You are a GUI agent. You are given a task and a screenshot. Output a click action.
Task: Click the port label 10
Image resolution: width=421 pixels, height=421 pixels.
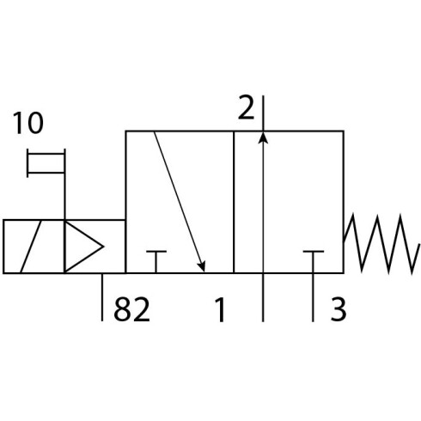pyautogui.click(x=28, y=123)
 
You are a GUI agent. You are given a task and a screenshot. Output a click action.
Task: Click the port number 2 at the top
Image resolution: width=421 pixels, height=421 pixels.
pyautogui.click(x=246, y=107)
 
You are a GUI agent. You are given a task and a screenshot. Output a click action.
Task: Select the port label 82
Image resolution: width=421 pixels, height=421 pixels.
pyautogui.click(x=131, y=309)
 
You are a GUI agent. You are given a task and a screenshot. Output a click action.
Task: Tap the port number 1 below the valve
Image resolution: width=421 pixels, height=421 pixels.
pyautogui.click(x=220, y=309)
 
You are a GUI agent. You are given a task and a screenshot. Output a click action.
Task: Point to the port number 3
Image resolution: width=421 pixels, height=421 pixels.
pyautogui.click(x=339, y=309)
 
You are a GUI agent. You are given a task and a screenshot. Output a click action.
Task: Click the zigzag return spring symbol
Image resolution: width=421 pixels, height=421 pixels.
pyautogui.click(x=381, y=243)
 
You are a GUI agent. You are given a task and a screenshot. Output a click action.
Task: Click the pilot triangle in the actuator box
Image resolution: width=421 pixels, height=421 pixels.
pyautogui.click(x=83, y=247)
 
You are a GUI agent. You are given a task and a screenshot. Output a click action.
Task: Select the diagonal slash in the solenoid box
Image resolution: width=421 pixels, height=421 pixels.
pyautogui.click(x=31, y=247)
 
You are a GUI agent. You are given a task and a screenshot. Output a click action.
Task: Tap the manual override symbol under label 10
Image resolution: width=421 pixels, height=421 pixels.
pyautogui.click(x=46, y=163)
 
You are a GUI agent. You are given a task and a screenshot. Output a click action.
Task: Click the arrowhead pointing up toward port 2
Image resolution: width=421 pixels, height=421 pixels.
pyautogui.click(x=263, y=137)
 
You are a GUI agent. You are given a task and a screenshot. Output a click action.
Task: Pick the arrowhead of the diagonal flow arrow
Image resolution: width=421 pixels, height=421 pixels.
pyautogui.click(x=202, y=266)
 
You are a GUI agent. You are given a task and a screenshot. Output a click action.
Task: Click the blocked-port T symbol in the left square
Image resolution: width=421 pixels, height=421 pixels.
pyautogui.click(x=156, y=262)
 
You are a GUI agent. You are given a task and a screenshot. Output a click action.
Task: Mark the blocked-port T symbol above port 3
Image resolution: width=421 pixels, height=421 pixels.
pyautogui.click(x=314, y=262)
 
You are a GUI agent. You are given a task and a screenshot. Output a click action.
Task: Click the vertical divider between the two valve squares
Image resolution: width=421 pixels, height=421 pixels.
pyautogui.click(x=234, y=202)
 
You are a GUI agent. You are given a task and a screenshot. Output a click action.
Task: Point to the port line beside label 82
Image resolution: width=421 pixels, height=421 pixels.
pyautogui.click(x=102, y=297)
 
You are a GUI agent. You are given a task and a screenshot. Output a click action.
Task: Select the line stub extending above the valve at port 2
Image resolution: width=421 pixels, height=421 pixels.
pyautogui.click(x=263, y=113)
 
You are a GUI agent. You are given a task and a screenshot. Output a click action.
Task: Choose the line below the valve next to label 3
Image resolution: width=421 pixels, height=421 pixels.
pyautogui.click(x=313, y=297)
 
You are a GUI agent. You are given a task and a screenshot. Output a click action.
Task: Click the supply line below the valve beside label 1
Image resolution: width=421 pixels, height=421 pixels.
pyautogui.click(x=263, y=297)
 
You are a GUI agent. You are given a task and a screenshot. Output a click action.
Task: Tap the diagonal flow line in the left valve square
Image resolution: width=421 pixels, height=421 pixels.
pyautogui.click(x=180, y=202)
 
